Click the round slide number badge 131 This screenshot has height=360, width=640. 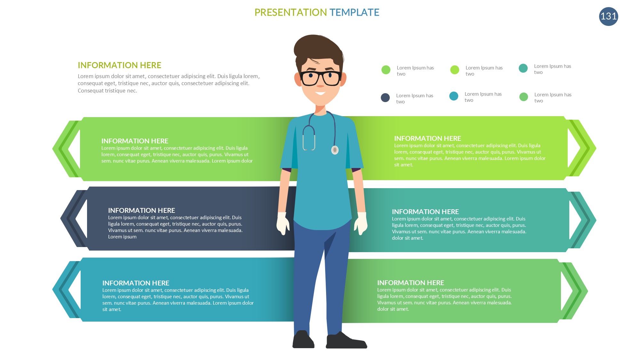[x=608, y=16]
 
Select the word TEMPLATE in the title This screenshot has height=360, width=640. [x=354, y=12]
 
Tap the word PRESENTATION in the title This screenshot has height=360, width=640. [x=291, y=12]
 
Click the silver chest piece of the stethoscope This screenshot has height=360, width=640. [x=335, y=150]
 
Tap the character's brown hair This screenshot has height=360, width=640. [x=318, y=51]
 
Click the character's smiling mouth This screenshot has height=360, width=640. [x=320, y=93]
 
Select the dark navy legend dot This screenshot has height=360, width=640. [x=385, y=98]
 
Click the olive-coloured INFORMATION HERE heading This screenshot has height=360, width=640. [x=119, y=65]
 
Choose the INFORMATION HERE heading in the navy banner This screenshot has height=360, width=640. [x=141, y=210]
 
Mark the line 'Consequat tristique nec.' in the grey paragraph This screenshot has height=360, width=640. [x=108, y=91]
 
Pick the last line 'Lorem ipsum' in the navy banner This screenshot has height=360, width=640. [x=122, y=237]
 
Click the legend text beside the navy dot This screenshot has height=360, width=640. [x=415, y=99]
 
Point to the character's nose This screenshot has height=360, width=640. [x=320, y=84]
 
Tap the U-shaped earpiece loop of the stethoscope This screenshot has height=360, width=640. [x=309, y=138]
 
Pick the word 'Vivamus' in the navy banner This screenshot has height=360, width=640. [x=117, y=230]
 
